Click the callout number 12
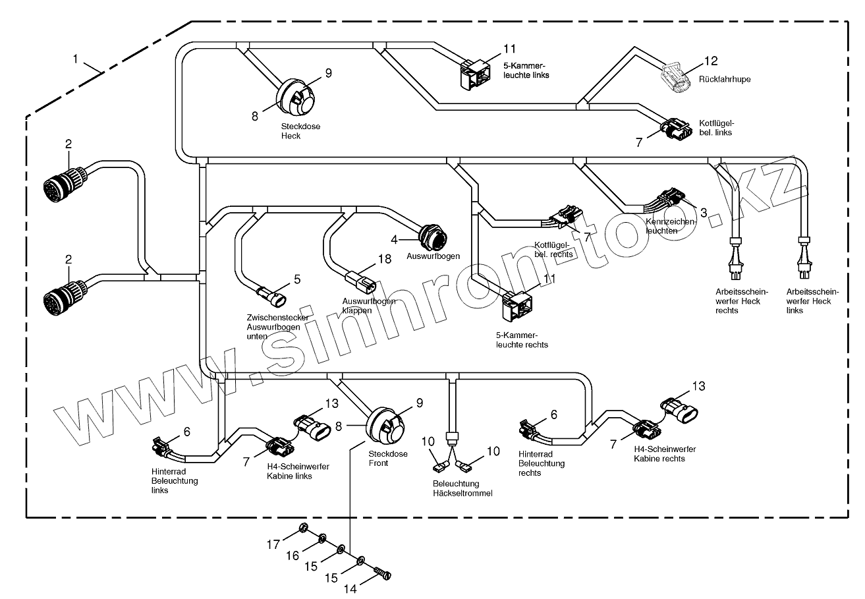point(711,61)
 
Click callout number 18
point(384,259)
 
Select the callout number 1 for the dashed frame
point(76,59)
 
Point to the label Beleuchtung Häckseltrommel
point(462,488)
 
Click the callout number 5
point(297,279)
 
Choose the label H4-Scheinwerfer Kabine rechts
point(665,454)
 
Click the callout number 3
point(704,212)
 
